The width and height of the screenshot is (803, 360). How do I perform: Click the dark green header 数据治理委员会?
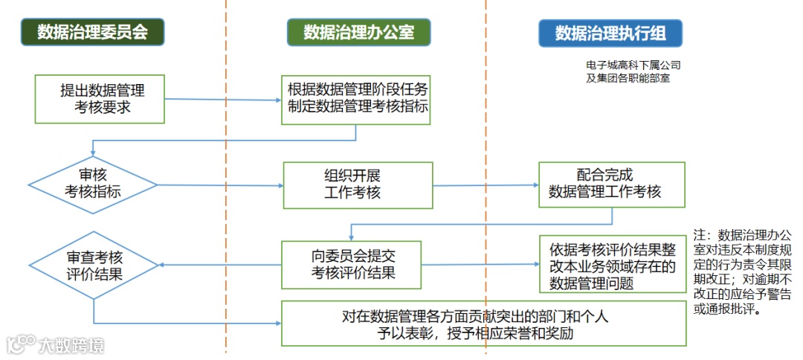point(92,32)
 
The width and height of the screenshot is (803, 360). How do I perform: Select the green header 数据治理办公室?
point(358,32)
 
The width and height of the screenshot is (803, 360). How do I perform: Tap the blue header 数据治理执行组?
point(610,33)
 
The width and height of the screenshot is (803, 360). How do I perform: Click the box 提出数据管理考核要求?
point(100,98)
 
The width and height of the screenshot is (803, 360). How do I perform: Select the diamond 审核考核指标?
point(93,184)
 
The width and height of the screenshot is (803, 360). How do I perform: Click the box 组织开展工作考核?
point(357,184)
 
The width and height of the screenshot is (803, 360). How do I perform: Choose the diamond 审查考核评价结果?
point(93,265)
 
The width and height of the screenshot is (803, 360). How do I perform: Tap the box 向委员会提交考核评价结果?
point(351,265)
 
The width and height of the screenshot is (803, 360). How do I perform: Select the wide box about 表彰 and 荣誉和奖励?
point(483,323)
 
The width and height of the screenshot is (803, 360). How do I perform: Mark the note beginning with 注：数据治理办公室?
point(743,272)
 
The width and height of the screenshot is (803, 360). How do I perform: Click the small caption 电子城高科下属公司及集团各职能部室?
point(632,71)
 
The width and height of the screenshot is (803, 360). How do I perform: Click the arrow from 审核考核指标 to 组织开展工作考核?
point(219,184)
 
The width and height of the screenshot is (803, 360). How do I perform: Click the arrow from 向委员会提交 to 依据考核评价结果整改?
point(480,265)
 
